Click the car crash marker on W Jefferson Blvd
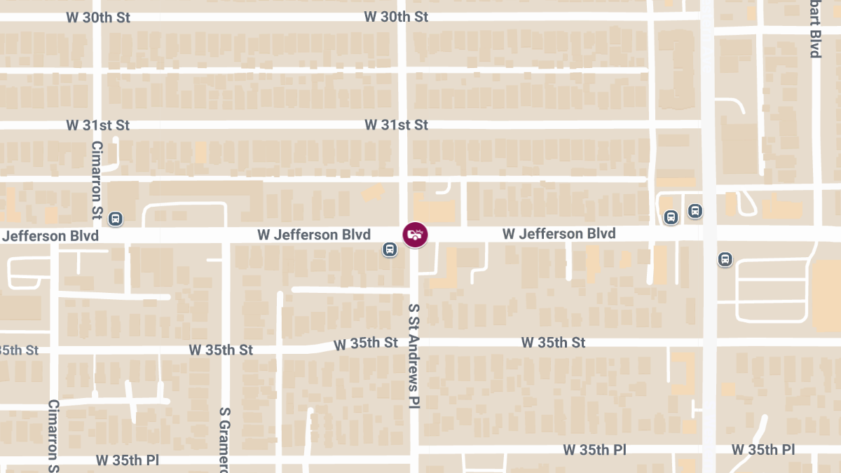[x=415, y=234]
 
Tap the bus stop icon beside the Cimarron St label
[x=116, y=219]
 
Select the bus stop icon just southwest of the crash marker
[x=389, y=249]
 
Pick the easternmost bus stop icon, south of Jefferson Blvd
[x=725, y=259]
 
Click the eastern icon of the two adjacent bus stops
[x=695, y=210]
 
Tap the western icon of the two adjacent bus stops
[x=671, y=217]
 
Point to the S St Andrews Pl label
[x=414, y=356]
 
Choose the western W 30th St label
[x=98, y=17]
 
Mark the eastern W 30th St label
[x=396, y=17]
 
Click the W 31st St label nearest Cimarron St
[x=98, y=125]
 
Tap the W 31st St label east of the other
[x=396, y=125]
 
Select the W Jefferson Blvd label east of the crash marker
[x=559, y=233]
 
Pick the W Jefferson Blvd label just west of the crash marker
[x=314, y=235]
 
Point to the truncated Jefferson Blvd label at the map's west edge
[x=50, y=236]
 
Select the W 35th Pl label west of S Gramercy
[x=127, y=460]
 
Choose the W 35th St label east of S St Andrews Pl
[x=553, y=343]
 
